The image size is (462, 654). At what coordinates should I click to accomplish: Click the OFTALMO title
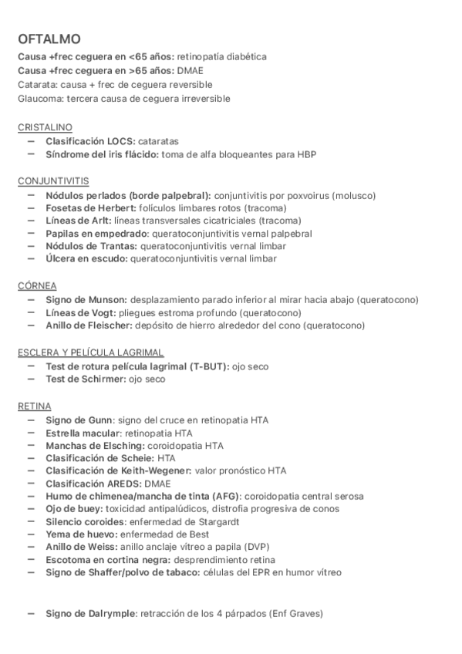[x=49, y=39]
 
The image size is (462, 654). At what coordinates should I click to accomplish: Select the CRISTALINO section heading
[x=46, y=126]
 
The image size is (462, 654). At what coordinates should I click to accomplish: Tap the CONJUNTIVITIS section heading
[x=53, y=180]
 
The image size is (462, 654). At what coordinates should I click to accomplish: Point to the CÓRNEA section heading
[x=36, y=285]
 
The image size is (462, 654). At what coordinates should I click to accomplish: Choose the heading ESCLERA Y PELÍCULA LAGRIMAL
[x=90, y=352]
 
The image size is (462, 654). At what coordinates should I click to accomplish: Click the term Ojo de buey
[x=72, y=508]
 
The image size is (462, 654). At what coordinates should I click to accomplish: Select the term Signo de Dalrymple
[x=91, y=614]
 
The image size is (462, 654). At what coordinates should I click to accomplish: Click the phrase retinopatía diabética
[x=222, y=57]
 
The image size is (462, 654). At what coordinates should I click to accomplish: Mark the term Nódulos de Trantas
[x=91, y=246]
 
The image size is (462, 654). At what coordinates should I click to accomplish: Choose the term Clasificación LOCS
[x=90, y=142]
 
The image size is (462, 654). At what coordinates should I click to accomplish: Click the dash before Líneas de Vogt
[x=31, y=312]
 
